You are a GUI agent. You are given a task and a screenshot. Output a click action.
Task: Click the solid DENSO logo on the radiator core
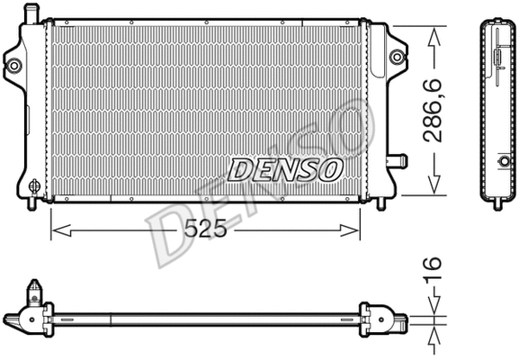[x=285, y=168]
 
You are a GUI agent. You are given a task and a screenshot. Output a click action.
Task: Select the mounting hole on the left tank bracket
[x=14, y=65]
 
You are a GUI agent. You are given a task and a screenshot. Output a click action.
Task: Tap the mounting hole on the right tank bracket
[x=396, y=58]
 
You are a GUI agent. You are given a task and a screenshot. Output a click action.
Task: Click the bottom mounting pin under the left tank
[x=34, y=203]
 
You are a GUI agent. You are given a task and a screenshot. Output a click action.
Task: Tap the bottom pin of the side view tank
[x=496, y=202]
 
